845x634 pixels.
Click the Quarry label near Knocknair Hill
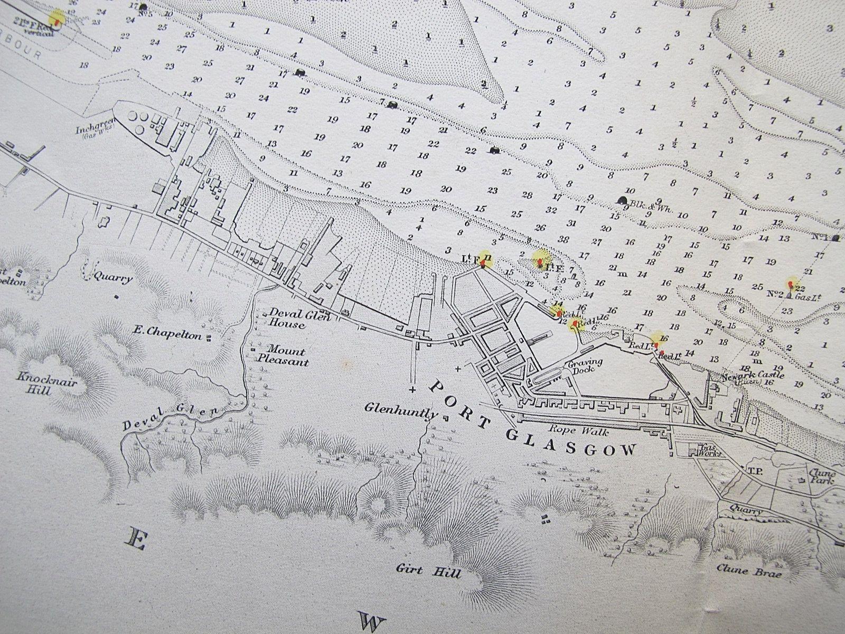click(x=112, y=278)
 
